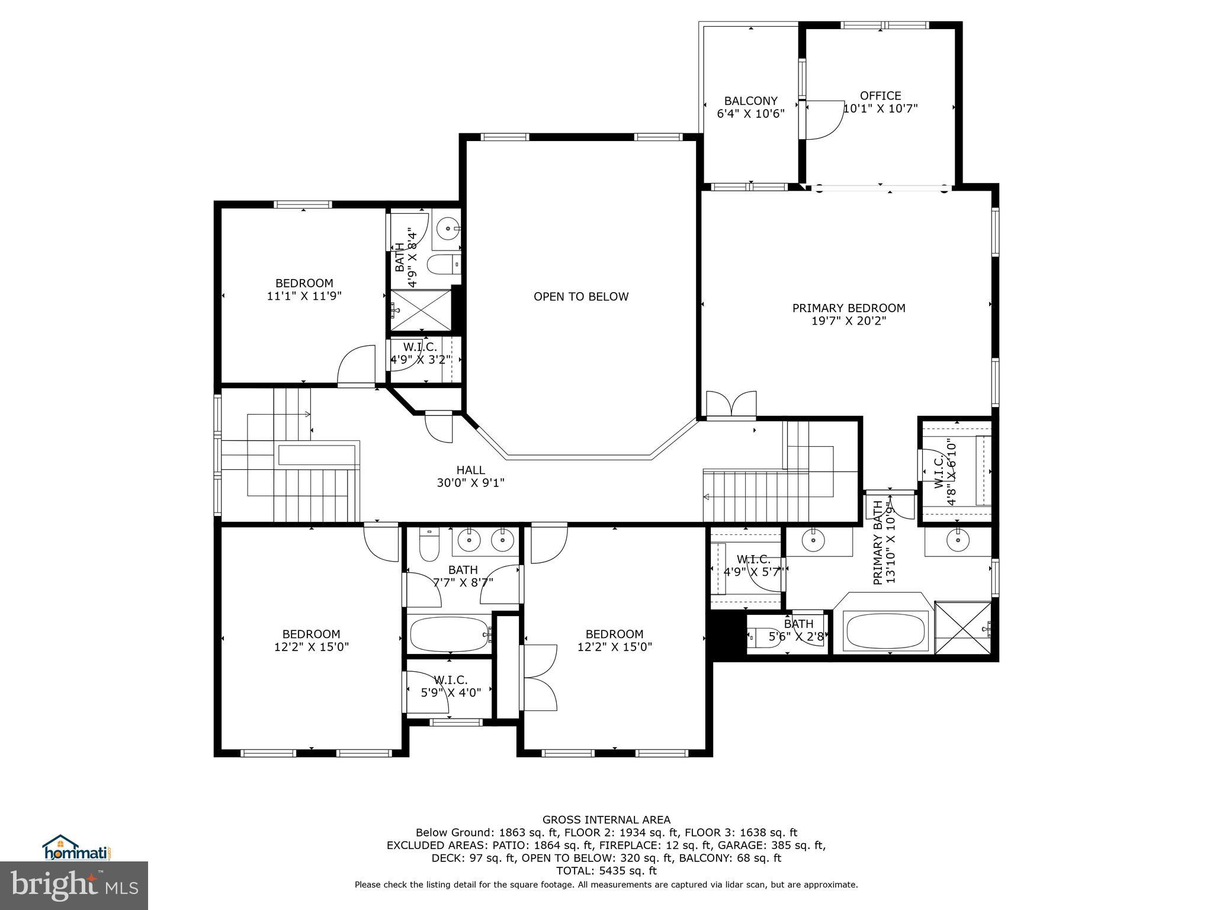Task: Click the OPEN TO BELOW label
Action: (x=580, y=297)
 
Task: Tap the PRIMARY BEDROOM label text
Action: (x=848, y=308)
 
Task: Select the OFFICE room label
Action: (x=880, y=96)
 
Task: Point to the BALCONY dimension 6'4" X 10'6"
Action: (x=750, y=114)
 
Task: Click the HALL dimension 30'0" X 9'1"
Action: (x=470, y=483)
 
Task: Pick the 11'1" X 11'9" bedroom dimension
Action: (x=304, y=296)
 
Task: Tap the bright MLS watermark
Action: (x=74, y=885)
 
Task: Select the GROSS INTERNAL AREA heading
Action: (x=606, y=820)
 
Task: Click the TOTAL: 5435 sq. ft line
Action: (x=606, y=871)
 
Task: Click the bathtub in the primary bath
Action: (x=885, y=631)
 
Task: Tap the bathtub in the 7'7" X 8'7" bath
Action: (x=449, y=635)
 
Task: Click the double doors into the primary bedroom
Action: (x=731, y=405)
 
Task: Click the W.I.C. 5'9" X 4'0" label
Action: (x=450, y=686)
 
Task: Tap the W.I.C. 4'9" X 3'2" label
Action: (x=420, y=353)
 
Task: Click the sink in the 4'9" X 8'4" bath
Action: (x=447, y=227)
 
